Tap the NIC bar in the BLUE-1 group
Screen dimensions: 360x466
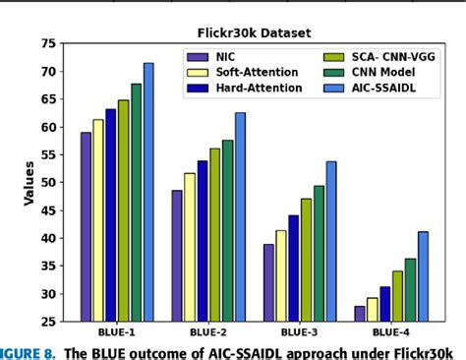pos(86,226)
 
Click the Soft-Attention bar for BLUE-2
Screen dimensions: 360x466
pos(190,247)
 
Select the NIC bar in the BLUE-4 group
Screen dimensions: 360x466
pos(359,314)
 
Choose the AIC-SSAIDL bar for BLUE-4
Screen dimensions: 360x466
pos(423,276)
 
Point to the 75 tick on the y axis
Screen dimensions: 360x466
pos(48,44)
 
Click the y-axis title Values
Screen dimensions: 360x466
pos(29,183)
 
